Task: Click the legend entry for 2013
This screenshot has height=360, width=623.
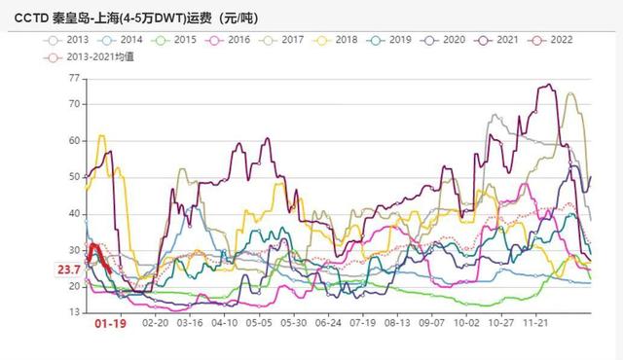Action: coord(74,40)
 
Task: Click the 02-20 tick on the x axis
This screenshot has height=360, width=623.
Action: coord(156,320)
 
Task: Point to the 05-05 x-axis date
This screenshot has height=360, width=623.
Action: coord(259,320)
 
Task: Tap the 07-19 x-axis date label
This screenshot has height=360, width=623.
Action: coord(363,320)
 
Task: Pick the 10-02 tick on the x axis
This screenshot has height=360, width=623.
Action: coord(466,320)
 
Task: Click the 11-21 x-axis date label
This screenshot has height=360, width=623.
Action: coord(535,320)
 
